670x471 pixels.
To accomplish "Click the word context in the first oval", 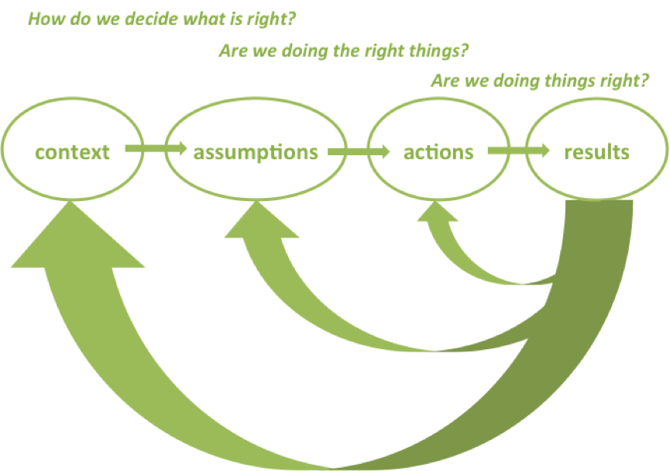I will coord(73,152).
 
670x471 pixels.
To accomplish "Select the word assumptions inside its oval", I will coord(256,152).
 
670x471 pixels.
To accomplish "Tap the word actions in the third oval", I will coord(438,152).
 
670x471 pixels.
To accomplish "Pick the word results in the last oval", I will coord(596,152).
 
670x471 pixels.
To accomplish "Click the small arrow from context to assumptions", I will coord(155,147).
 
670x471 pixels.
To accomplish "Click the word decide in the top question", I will coord(129,18).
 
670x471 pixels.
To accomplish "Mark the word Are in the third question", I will coord(445,81).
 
